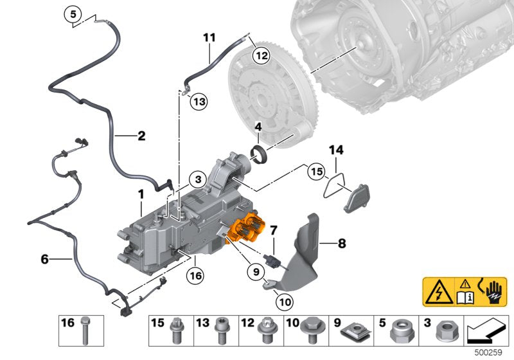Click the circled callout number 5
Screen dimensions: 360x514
coord(73,13)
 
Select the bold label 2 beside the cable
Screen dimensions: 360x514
coord(141,136)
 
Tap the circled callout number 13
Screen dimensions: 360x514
coord(199,102)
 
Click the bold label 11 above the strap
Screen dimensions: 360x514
coord(209,37)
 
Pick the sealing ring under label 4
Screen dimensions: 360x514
coord(260,155)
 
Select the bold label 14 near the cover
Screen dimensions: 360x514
coord(337,150)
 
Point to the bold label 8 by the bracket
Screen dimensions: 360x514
coord(341,243)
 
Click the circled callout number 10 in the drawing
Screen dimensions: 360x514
coord(284,300)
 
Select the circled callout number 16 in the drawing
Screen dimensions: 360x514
coord(195,276)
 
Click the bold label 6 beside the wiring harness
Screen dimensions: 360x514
coord(44,259)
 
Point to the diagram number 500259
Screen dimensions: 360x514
coord(492,353)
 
